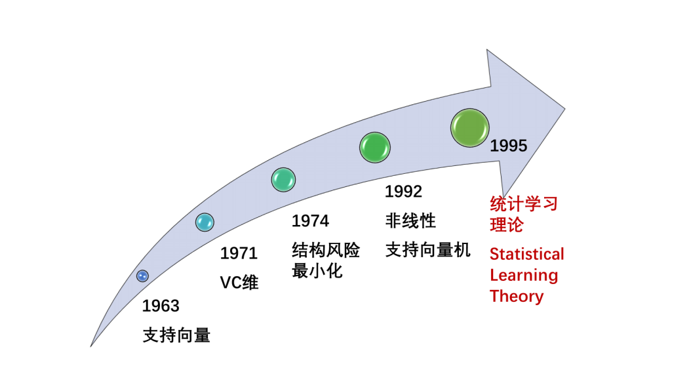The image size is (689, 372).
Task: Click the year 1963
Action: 161,306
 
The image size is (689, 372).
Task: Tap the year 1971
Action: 239,253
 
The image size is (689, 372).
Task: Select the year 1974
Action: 310,221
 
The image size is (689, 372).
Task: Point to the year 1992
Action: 403,192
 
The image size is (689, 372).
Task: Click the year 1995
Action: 509,146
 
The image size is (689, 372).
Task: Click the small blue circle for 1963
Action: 142,276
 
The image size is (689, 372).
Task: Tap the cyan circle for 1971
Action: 205,222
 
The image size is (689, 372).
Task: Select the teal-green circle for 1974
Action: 283,180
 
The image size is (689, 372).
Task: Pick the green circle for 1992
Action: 375,147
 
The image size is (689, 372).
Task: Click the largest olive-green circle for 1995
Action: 470,128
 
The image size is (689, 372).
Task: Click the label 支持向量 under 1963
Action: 176,335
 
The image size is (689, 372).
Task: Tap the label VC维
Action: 239,283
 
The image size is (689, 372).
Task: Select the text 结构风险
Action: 326,251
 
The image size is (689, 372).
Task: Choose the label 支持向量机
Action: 427,250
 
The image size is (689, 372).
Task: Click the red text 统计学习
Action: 524,204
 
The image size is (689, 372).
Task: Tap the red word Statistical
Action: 526,254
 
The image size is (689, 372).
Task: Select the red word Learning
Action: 524,275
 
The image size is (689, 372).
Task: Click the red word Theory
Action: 517,296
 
